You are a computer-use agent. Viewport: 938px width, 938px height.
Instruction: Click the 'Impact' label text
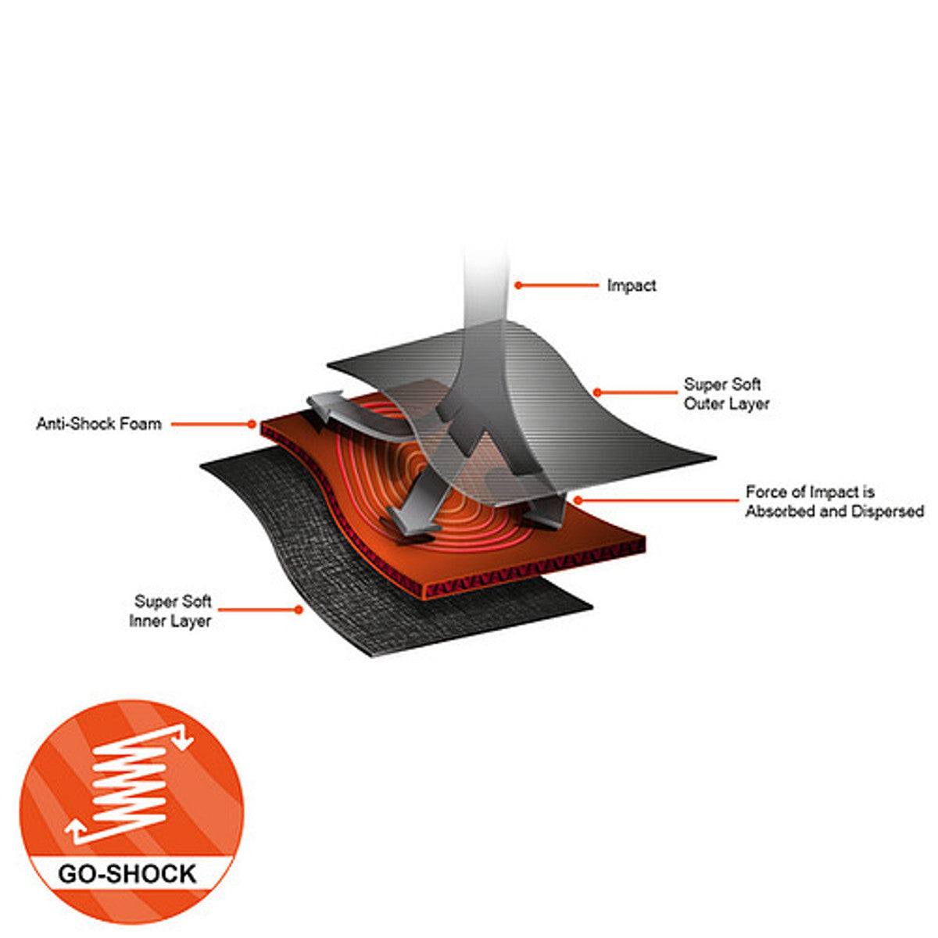tap(632, 286)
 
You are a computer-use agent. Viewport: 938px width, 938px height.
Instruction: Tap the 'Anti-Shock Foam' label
tap(98, 424)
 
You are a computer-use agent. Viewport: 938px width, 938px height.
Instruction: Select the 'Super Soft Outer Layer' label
tap(726, 394)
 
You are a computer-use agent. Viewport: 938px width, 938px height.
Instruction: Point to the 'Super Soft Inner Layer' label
tap(170, 611)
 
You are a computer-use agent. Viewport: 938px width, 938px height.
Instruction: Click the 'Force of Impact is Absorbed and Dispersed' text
tap(834, 501)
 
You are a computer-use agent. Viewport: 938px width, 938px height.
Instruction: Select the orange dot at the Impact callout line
tap(518, 286)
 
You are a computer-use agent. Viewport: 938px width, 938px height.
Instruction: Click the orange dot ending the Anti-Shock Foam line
tap(252, 424)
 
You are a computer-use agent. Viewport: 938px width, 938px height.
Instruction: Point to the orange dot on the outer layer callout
tap(596, 392)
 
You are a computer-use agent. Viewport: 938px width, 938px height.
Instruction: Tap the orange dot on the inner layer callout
tap(299, 610)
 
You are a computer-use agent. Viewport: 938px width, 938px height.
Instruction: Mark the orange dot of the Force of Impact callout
tap(578, 500)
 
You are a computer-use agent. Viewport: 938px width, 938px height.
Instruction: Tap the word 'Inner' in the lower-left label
tap(145, 621)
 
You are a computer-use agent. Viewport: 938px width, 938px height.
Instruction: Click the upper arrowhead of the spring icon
tap(184, 744)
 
